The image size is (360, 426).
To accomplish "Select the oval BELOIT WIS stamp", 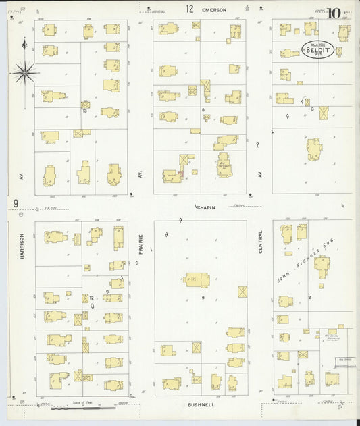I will tap(317, 50).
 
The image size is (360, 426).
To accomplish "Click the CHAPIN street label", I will tap(206, 207).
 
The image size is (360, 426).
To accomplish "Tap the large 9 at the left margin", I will tap(15, 203).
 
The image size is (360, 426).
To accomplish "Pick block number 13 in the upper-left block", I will tap(84, 111).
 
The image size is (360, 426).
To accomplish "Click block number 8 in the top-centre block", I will tap(202, 109).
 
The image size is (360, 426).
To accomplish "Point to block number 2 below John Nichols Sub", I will tap(309, 297).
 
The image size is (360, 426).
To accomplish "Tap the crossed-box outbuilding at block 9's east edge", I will tap(242, 292).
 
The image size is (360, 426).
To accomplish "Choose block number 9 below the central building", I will tap(202, 297).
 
